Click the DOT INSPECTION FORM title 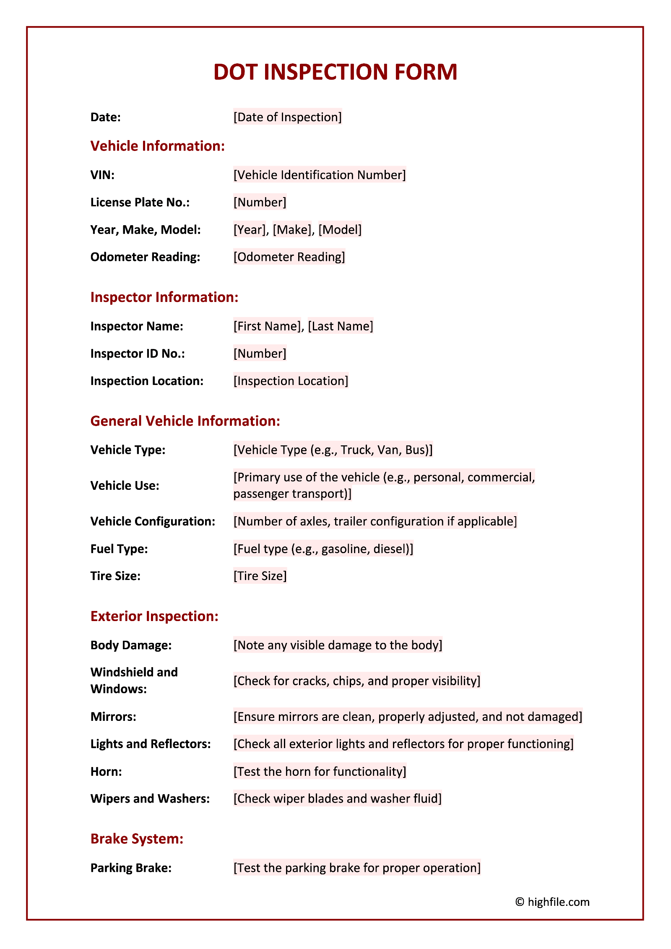pos(335,72)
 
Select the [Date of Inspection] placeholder pos(287,117)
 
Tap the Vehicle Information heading pos(158,146)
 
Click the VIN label pos(102,175)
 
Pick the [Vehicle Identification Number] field pos(320,175)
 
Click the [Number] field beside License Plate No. pos(260,202)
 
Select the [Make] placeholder pos(292,229)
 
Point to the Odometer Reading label pos(145,257)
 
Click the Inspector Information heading pos(164,297)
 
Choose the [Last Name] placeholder pos(340,326)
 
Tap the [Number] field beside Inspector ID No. pos(260,354)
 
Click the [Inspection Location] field pos(291,381)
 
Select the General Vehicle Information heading pos(185,421)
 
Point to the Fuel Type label pos(119,549)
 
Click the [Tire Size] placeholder pos(260,576)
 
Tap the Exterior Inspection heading pos(154,616)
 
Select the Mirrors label pos(113,717)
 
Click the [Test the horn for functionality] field pos(320,771)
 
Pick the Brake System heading pos(137,838)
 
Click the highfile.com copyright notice pos(552,902)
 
